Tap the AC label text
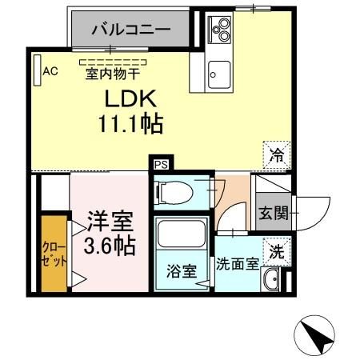(50, 71)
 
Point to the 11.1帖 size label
(131, 124)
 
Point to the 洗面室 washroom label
(237, 265)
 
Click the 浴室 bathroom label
(181, 270)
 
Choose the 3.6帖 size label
(110, 245)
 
